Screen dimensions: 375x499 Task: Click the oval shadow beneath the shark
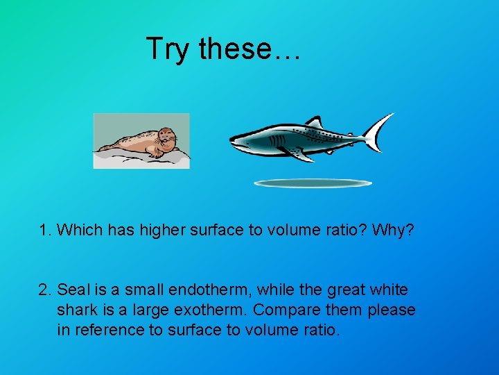(313, 183)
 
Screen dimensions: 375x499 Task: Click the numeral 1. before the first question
(45, 230)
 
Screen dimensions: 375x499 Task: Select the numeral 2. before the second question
(45, 289)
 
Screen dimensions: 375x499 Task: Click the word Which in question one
(78, 230)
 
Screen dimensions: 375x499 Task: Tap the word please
(392, 310)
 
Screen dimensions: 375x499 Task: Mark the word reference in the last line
(108, 330)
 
